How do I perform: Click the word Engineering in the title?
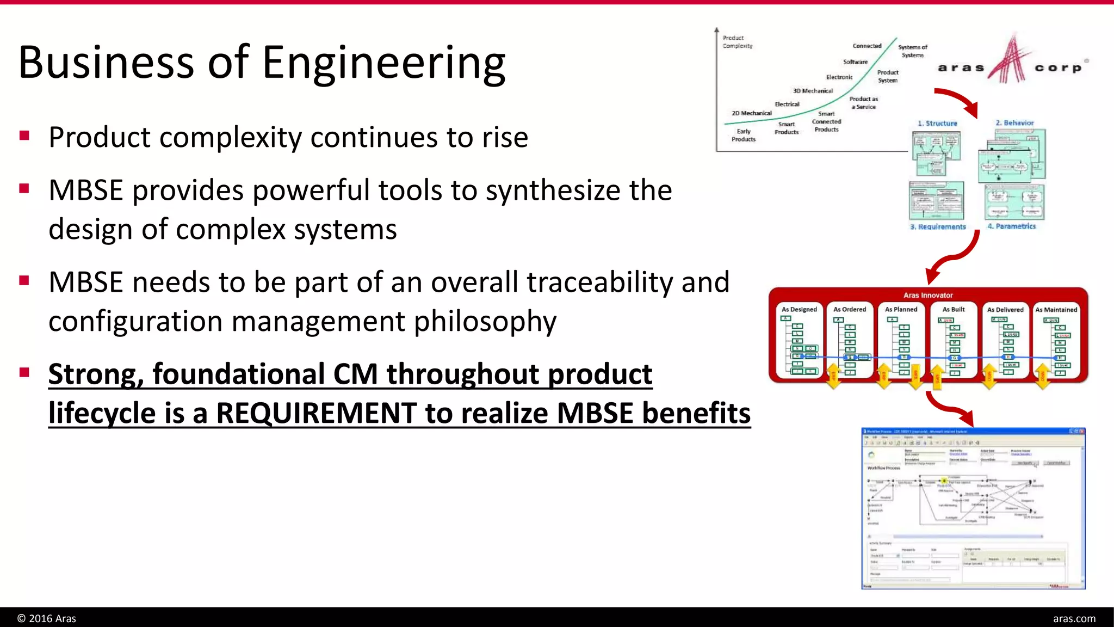tap(383, 63)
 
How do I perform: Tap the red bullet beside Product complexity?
tap(24, 136)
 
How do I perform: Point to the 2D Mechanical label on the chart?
tap(751, 113)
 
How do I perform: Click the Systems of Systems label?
tap(912, 51)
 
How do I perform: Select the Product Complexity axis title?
tap(737, 42)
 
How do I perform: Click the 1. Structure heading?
tap(937, 124)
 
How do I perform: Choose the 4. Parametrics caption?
tap(1012, 226)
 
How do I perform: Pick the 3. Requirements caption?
tap(938, 226)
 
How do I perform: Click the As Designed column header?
tap(799, 309)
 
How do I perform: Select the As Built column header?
tap(954, 309)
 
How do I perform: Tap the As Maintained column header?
tap(1056, 309)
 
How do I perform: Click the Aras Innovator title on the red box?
tap(928, 295)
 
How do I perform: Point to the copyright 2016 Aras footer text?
tap(47, 618)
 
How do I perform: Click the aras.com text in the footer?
tap(1074, 618)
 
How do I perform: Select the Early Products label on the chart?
tap(743, 135)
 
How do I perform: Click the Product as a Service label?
tap(863, 103)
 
